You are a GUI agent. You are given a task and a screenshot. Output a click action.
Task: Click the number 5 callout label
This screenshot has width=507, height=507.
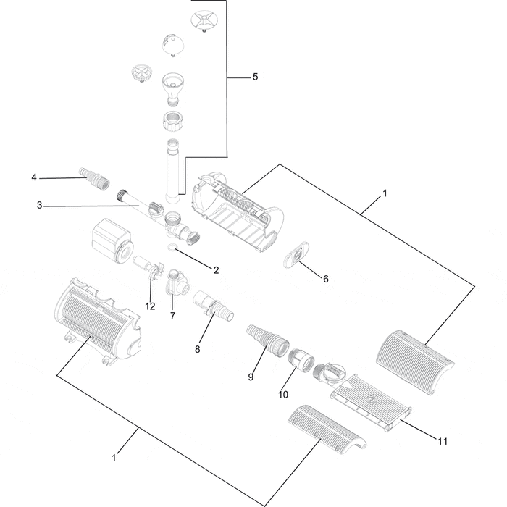(x=255, y=77)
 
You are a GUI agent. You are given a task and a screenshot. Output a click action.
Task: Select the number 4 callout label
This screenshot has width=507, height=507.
(x=33, y=177)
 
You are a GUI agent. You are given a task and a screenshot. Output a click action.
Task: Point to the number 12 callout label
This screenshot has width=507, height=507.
(x=150, y=306)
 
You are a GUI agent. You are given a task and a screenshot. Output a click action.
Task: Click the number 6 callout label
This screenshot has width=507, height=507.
(x=325, y=279)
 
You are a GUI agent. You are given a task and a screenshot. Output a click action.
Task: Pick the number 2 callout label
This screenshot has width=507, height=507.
(x=215, y=270)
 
